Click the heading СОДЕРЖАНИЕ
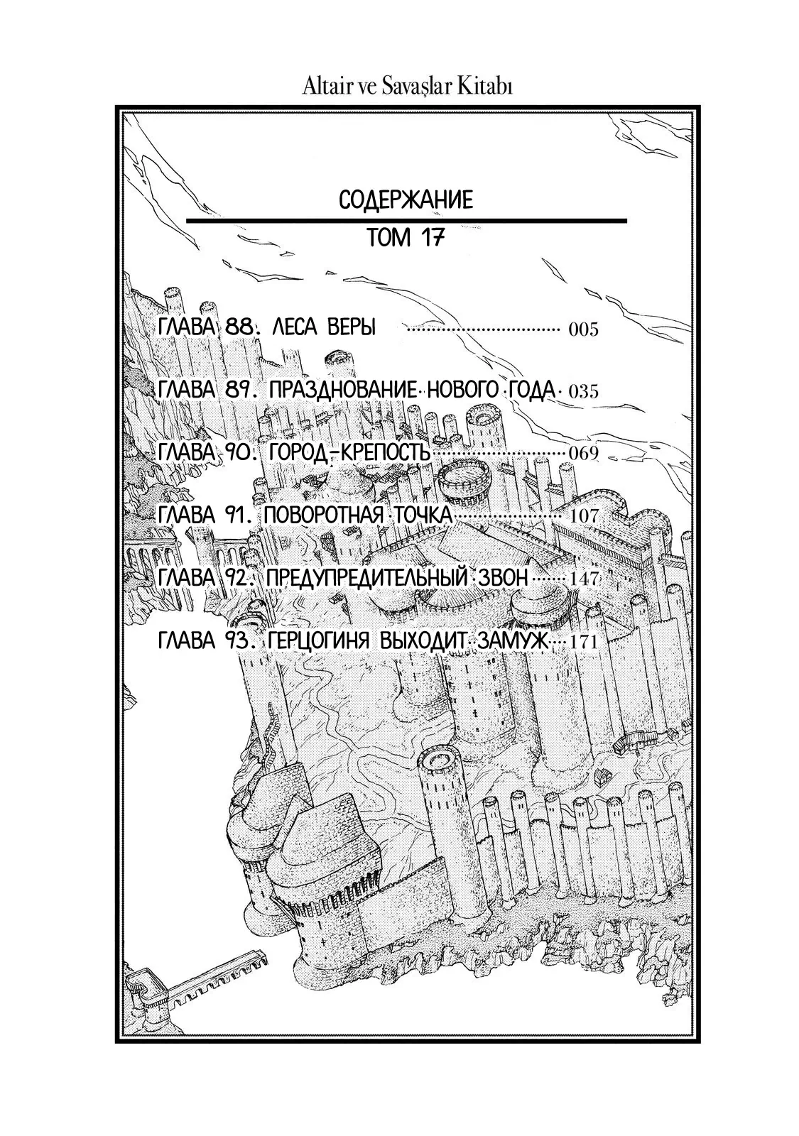pyautogui.click(x=406, y=200)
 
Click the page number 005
pyautogui.click(x=583, y=330)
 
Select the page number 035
pyautogui.click(x=583, y=392)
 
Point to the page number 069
pyautogui.click(x=583, y=454)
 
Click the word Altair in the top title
pyautogui.click(x=327, y=88)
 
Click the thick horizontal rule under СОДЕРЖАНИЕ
pyautogui.click(x=406, y=221)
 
